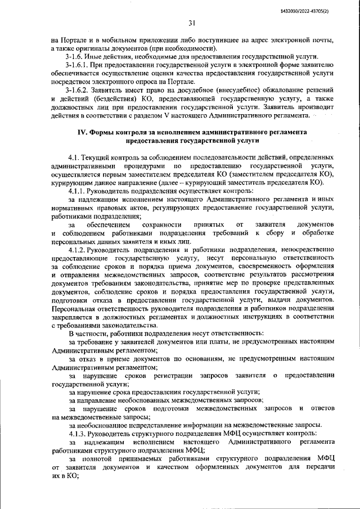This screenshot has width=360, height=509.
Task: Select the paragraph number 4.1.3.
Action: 79,433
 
